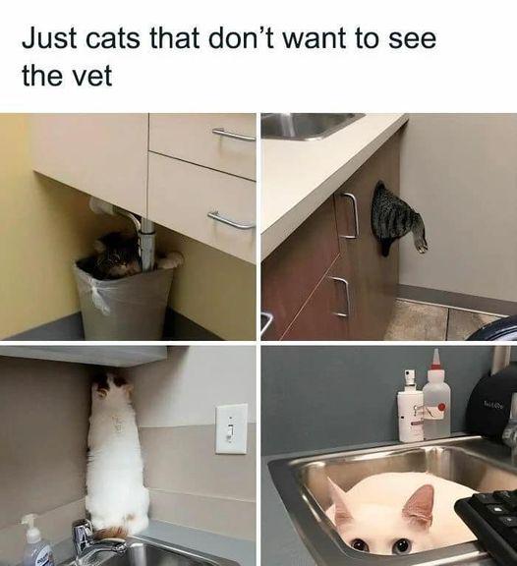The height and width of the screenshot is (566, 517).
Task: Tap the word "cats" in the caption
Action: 113,38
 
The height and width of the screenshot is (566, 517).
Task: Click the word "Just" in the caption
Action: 50,38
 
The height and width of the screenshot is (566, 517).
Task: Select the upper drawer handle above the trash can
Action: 234,135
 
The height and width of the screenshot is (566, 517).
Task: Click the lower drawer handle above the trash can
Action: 231,220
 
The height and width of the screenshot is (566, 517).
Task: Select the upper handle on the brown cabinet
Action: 348,215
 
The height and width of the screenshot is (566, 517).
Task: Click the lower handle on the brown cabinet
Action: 340,296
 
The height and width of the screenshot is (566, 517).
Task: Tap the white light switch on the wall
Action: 231,428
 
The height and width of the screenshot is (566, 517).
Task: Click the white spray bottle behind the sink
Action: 410,406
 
